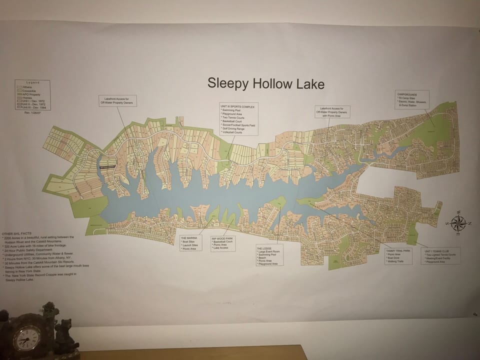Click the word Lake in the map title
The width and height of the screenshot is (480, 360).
click(x=310, y=84)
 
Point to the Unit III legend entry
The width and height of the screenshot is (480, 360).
click(x=34, y=107)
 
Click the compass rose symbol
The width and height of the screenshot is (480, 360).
click(x=458, y=223)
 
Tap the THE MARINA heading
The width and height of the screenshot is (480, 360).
click(x=189, y=237)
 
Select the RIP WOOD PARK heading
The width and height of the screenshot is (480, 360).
click(x=222, y=239)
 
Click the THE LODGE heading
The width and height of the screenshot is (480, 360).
click(x=264, y=248)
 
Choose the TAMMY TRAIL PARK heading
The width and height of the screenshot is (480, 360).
click(x=398, y=250)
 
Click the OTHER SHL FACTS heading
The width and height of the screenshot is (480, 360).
click(x=15, y=234)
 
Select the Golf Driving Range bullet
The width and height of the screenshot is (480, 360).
click(x=234, y=128)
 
